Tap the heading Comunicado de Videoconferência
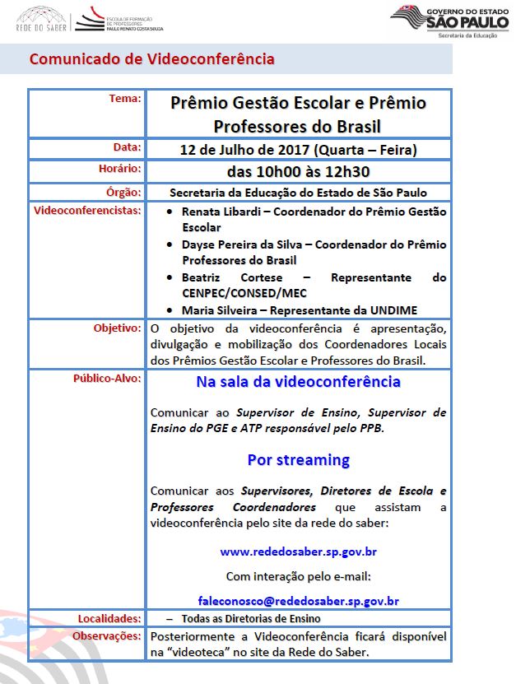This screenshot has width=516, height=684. [x=151, y=59]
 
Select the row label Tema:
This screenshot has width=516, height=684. [x=125, y=99]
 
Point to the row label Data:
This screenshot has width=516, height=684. [x=127, y=147]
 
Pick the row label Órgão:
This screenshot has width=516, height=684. [x=123, y=191]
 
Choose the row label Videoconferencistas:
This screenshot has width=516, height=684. [x=87, y=211]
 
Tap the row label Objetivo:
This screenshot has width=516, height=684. [x=117, y=328]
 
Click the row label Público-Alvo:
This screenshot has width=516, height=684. [x=107, y=379]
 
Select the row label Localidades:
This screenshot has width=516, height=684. [x=109, y=618]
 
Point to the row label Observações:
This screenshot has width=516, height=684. [x=106, y=636]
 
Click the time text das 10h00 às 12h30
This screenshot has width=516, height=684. [x=298, y=172]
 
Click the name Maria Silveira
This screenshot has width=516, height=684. [x=219, y=310]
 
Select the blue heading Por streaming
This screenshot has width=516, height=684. [x=298, y=459]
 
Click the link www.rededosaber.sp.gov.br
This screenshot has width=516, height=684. [x=298, y=551]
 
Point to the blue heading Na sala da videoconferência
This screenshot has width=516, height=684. [x=298, y=382]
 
